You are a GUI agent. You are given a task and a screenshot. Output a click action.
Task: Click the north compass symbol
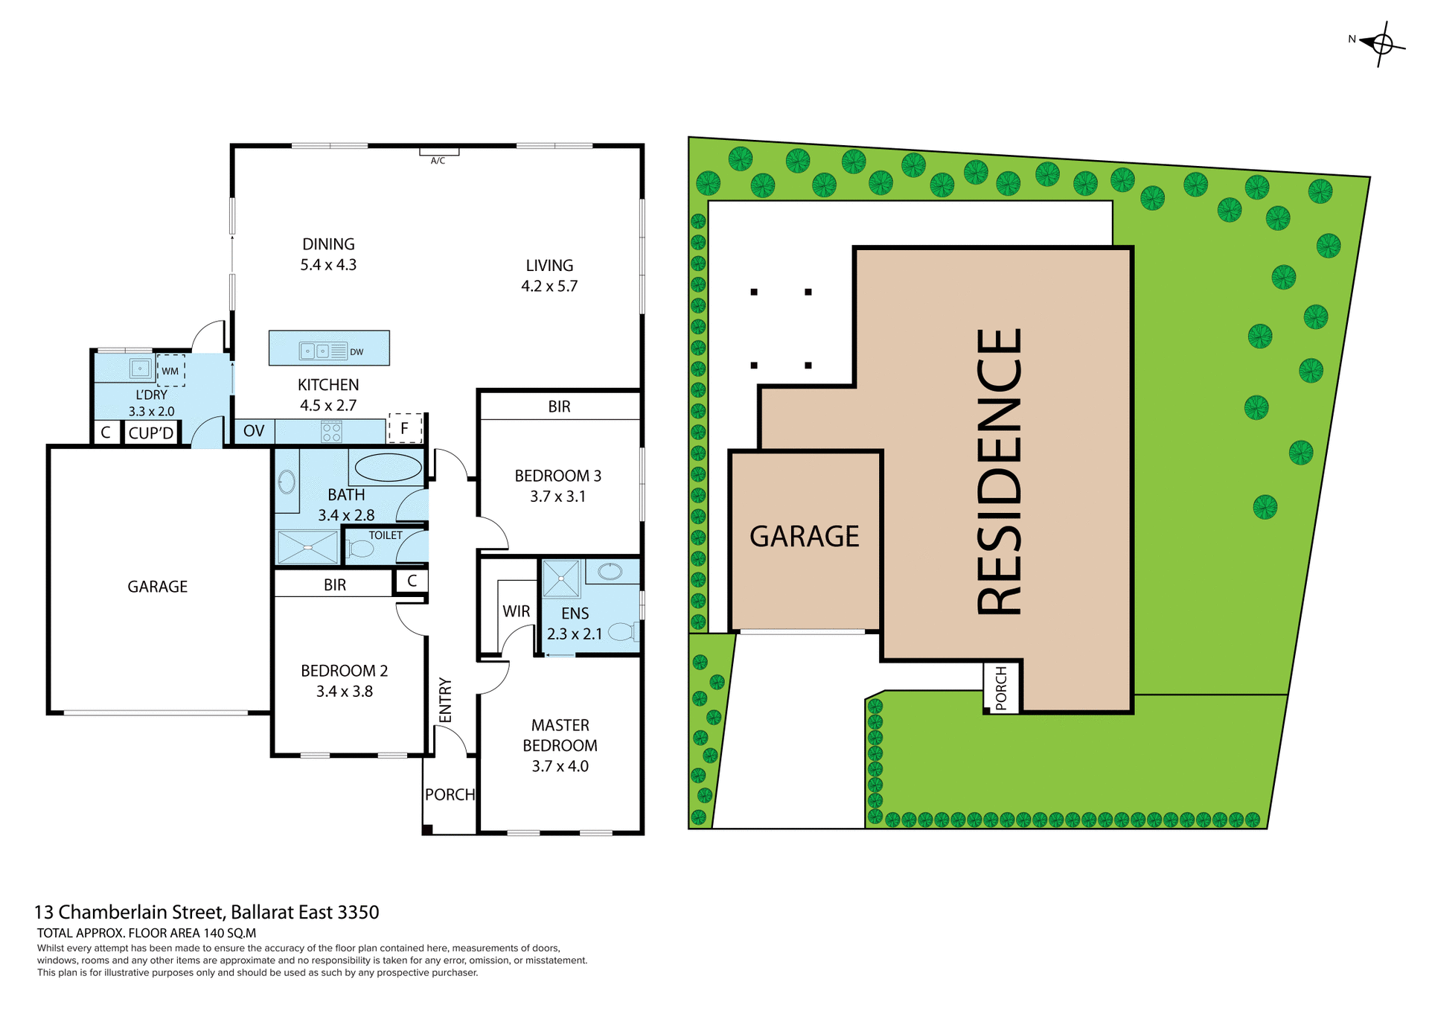click(1381, 44)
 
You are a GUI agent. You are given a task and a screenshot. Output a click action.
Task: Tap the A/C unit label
click(438, 160)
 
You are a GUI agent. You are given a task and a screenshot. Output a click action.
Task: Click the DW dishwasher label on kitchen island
click(357, 352)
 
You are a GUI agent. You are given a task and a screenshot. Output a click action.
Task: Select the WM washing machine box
click(170, 371)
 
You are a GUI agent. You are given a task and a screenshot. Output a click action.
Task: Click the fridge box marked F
click(405, 428)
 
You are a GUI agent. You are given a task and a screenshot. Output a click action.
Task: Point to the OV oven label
click(254, 431)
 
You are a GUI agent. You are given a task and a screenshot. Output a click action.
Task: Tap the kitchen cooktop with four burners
click(331, 432)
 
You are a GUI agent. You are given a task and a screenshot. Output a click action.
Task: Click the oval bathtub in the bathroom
click(388, 468)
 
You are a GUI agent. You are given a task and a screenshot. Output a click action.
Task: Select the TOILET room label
click(386, 535)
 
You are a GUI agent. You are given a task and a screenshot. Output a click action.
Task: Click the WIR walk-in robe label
click(516, 611)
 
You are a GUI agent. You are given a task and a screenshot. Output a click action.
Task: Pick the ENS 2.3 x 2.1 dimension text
click(574, 634)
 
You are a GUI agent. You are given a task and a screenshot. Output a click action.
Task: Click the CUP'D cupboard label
click(151, 433)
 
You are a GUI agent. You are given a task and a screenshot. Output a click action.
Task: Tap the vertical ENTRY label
click(445, 700)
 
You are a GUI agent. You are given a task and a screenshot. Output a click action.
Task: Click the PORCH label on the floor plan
click(450, 794)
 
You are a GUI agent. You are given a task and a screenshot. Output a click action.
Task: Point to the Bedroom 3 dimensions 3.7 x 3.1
click(557, 497)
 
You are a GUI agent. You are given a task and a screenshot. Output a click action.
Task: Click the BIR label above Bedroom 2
click(335, 585)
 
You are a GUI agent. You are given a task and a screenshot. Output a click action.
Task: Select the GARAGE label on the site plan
click(804, 537)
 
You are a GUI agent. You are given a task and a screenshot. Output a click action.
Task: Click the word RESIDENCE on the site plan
click(999, 472)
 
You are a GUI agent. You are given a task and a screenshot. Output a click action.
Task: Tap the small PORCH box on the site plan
click(1001, 687)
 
